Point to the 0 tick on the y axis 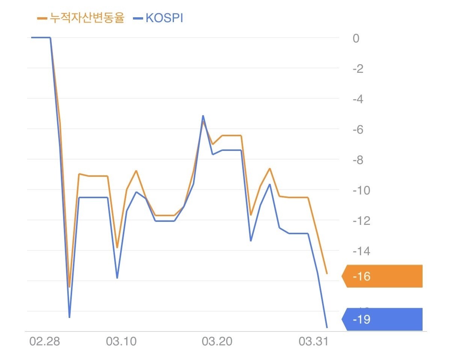pos(356,38)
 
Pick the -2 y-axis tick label pos(358,69)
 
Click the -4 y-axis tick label pos(358,99)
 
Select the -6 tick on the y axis pos(358,130)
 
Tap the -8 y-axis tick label pos(358,160)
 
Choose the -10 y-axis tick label pos(361,190)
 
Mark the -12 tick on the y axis pos(361,221)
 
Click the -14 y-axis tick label pos(361,251)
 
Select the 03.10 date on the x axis pos(121,342)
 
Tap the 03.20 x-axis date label pos(217,342)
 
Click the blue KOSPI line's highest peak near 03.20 pos(203,116)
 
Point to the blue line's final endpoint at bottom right pos(327,328)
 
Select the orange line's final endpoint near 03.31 pos(327,273)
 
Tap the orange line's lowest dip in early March pos(69,287)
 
